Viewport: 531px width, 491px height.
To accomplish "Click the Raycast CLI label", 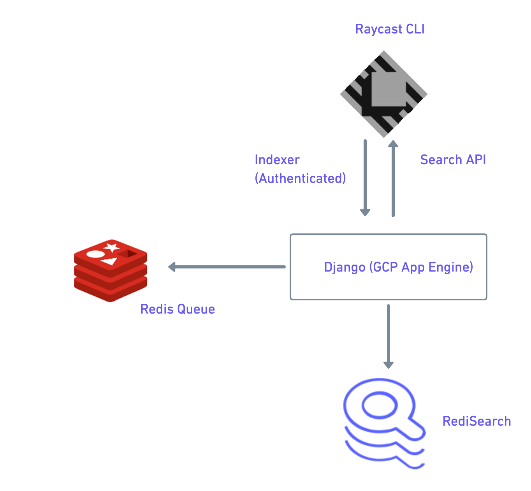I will (390, 29).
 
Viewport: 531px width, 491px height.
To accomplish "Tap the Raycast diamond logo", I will (384, 94).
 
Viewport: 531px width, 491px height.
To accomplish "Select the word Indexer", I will (277, 160).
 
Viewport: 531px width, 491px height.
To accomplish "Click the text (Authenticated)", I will (300, 179).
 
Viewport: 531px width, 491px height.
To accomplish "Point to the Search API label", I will (453, 160).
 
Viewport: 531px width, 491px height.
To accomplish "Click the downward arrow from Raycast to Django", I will (365, 177).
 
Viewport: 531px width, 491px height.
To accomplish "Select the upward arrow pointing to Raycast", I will (393, 179).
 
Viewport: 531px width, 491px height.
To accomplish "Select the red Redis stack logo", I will (111, 270).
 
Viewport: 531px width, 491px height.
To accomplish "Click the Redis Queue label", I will (178, 309).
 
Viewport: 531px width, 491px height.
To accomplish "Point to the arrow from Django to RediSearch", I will (389, 336).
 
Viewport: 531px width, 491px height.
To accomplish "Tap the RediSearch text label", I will (476, 421).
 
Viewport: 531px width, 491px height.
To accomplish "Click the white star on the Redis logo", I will (112, 247).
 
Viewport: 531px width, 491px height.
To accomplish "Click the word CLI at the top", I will (415, 29).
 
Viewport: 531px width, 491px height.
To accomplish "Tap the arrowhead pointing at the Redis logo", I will (172, 267).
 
